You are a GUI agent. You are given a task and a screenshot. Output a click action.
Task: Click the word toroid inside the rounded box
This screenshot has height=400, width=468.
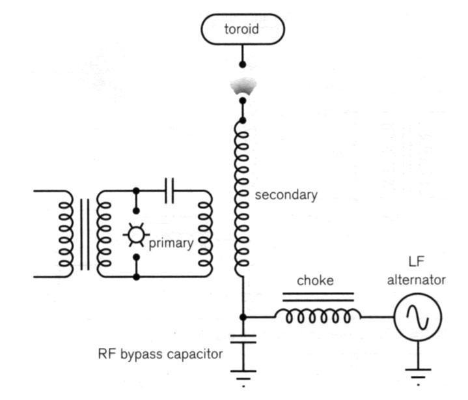pyautogui.click(x=242, y=31)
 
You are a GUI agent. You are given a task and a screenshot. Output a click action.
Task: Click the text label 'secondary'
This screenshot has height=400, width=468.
pyautogui.click(x=286, y=195)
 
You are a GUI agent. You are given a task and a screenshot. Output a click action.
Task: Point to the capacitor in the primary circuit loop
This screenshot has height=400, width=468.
pyautogui.click(x=169, y=191)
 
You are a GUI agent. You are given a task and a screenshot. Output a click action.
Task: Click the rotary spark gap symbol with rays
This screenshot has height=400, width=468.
pyautogui.click(x=136, y=234)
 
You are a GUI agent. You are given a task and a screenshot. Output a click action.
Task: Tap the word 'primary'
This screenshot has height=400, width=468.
pyautogui.click(x=171, y=244)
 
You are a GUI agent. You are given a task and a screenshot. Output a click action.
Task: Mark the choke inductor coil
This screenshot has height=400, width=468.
pyautogui.click(x=318, y=316)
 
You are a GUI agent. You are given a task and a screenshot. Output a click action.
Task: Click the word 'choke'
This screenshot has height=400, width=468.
pyautogui.click(x=316, y=281)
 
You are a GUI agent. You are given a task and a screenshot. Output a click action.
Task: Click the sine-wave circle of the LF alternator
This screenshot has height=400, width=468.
pyautogui.click(x=417, y=317)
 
